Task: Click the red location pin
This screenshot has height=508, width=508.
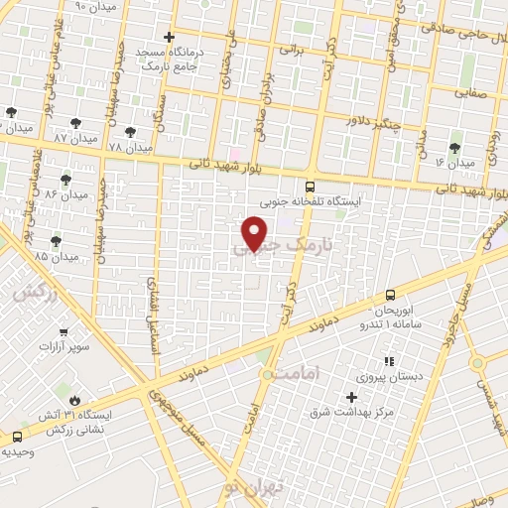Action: [x=255, y=232]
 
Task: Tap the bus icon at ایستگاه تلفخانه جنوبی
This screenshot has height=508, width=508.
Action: [x=310, y=186]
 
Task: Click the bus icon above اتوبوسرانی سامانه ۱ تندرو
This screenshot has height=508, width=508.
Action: [x=389, y=295]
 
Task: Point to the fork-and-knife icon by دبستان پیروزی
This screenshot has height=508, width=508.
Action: [x=388, y=360]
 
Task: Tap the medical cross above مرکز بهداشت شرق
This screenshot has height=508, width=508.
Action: [x=379, y=397]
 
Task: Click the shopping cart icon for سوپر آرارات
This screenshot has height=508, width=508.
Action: [x=64, y=332]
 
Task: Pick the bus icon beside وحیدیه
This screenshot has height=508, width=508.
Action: [x=18, y=437]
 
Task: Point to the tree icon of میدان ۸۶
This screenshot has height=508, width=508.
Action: [x=65, y=180]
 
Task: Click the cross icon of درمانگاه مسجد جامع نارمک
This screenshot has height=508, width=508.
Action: [x=170, y=37]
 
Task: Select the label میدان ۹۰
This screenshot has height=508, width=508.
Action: [x=95, y=6]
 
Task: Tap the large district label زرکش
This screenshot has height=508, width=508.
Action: [x=33, y=292]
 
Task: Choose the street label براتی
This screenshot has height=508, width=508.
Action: [x=290, y=48]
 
